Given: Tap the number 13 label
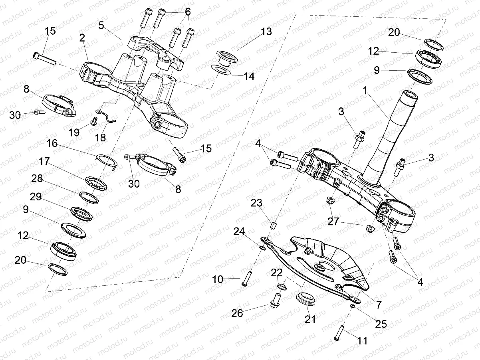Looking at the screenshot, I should [x=266, y=32].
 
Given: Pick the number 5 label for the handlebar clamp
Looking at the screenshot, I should [x=101, y=26].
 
